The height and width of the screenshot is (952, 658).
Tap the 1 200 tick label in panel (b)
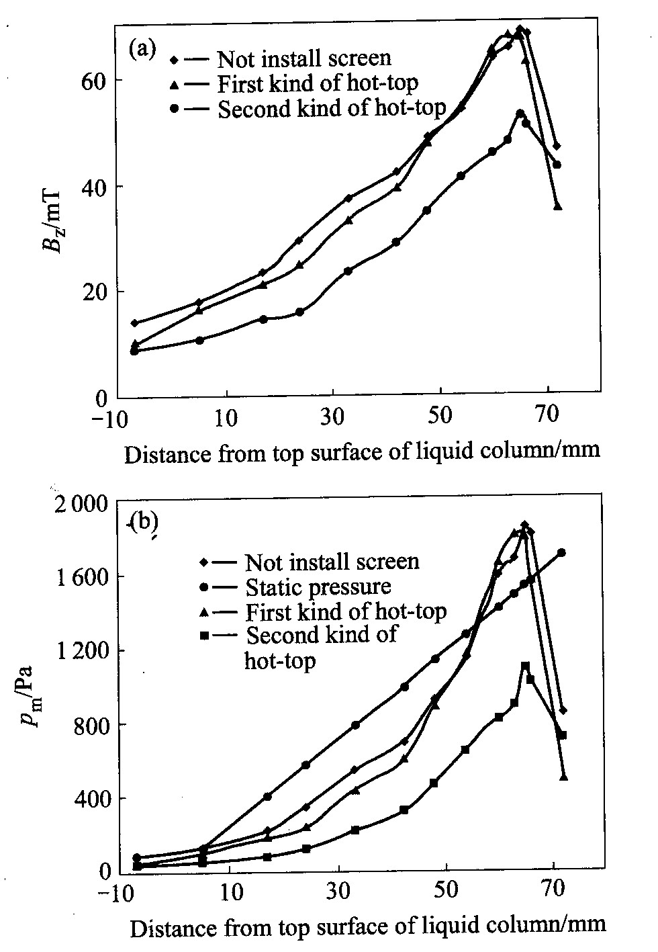78,651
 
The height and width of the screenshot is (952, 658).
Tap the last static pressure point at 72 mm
561,552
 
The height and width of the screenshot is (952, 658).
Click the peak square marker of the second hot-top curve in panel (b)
526,666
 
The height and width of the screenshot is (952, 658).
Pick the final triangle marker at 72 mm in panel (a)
557,207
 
